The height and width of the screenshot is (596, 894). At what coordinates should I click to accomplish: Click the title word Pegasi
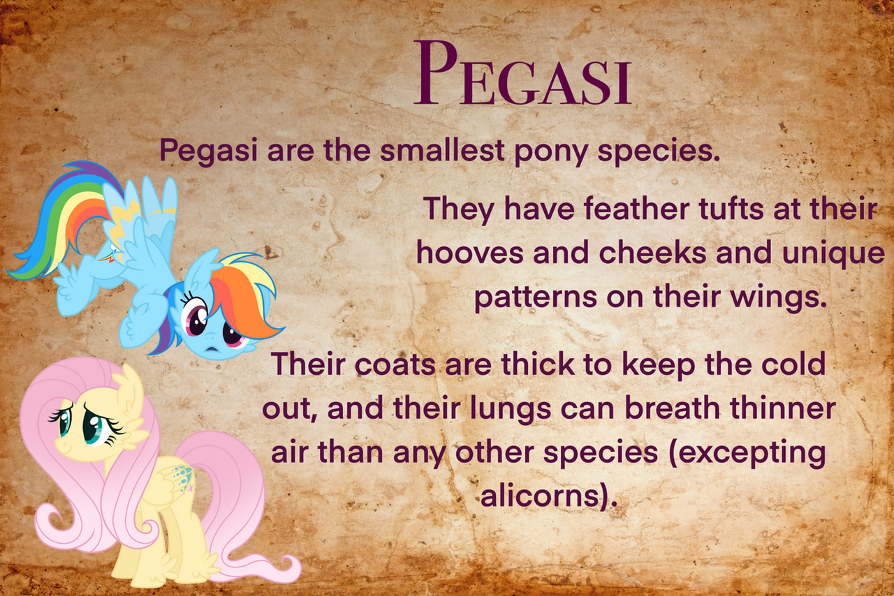click(522, 73)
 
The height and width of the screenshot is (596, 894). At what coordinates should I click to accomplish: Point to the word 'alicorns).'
click(549, 496)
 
